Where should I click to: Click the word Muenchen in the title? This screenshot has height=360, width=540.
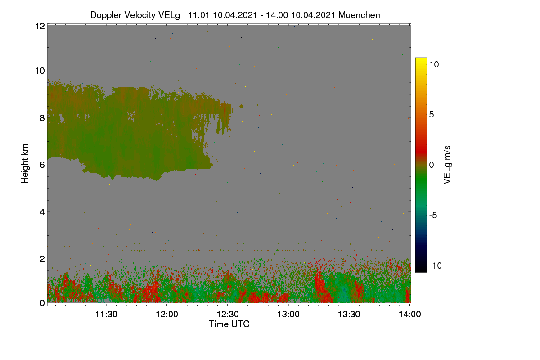point(359,15)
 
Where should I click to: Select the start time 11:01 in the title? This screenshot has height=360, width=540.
point(198,15)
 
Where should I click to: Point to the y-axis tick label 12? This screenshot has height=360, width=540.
point(40,26)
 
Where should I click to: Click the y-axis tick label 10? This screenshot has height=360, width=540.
point(40,71)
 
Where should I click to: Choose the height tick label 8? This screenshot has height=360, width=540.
point(43,118)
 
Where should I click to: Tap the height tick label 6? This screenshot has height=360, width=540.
point(43,165)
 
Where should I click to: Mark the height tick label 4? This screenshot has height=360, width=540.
point(43,212)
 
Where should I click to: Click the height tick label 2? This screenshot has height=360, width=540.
point(43,259)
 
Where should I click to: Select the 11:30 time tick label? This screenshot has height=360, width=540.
point(106,314)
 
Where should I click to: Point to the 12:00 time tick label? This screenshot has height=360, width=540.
point(167,314)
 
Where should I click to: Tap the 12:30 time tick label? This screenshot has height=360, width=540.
point(228,314)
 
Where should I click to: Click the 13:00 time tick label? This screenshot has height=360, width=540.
point(288,314)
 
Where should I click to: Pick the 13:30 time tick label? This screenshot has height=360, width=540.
point(349,314)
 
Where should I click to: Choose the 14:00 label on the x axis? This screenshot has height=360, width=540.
point(410,314)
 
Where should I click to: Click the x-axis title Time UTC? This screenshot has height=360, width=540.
point(229,324)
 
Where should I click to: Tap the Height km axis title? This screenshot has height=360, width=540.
point(25,164)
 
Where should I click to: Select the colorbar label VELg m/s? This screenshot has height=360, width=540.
point(447,165)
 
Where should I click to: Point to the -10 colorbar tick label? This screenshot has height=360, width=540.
point(436,265)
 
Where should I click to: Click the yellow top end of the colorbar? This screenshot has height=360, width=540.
point(421,58)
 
